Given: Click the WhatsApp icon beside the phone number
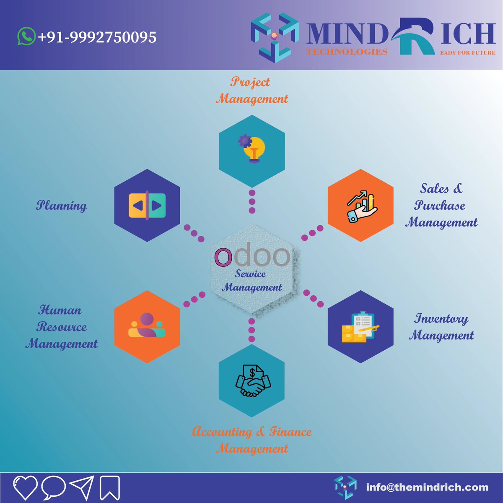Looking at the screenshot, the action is (x=26, y=36).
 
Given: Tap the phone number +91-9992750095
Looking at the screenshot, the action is (x=97, y=37).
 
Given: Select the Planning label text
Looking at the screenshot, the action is (x=62, y=206).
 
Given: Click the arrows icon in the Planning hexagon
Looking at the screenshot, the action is (x=147, y=206).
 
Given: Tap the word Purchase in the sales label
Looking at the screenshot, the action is (x=440, y=206).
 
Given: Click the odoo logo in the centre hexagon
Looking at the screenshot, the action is (x=252, y=256).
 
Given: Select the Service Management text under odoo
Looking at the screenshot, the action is (x=251, y=281).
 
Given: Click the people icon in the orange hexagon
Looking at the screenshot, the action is (x=147, y=326).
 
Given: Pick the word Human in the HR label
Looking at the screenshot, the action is (x=60, y=310).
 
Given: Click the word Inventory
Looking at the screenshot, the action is (x=441, y=319).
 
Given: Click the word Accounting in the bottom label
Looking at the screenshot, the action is (x=222, y=432).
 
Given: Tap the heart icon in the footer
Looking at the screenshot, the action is (x=25, y=487).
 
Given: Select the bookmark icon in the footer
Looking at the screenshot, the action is (x=110, y=488).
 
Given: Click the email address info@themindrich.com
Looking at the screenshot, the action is (x=427, y=487).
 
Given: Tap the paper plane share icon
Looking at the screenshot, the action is (x=81, y=487).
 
